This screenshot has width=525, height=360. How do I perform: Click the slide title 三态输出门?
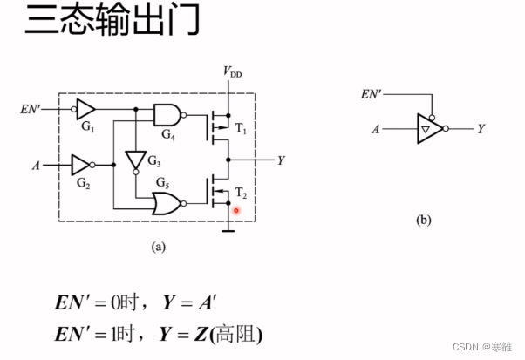click(112, 22)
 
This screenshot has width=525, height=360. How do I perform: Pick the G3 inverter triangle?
click(137, 160)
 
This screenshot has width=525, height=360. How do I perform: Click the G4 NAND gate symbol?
click(167, 114)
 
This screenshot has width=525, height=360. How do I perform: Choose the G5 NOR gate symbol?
click(167, 204)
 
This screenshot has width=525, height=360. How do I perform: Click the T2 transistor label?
click(242, 194)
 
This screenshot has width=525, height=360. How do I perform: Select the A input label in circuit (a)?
click(37, 163)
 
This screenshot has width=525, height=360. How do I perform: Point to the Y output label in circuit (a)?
click(281, 160)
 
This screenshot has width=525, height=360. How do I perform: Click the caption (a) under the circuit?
click(158, 247)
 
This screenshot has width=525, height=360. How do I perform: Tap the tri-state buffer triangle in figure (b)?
click(428, 129)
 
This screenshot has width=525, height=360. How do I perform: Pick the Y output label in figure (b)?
click(481, 129)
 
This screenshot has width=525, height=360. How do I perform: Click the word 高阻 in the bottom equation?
click(244, 333)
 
